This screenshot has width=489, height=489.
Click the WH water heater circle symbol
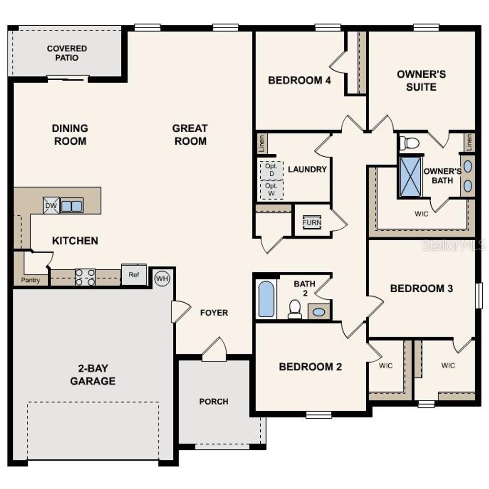coord(162,277)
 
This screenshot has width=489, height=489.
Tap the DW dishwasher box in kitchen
coord(51,206)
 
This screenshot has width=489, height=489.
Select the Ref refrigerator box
coord(134,275)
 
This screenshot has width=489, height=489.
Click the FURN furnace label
coord(311,223)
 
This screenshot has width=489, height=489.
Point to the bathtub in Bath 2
coord(266,299)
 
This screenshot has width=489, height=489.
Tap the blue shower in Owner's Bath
coord(411,176)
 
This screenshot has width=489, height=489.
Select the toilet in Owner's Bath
coord(410,142)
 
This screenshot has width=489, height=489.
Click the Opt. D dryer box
coord(271,170)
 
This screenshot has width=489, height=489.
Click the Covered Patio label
coord(67,53)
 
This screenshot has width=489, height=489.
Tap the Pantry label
coord(31,280)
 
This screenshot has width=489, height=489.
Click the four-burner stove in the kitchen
coord(85,277)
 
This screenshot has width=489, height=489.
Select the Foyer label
coord(213,313)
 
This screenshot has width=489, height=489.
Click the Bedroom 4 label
coord(299,80)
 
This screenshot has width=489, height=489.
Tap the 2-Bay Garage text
coord(93,374)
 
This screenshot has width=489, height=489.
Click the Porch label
coord(213,402)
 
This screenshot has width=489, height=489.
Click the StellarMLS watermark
coord(454,245)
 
